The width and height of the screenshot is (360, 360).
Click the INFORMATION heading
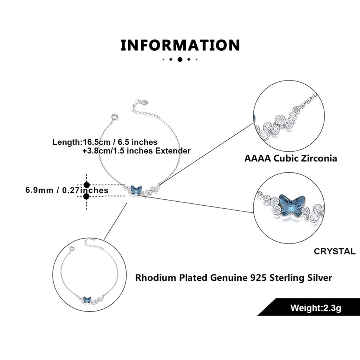(180, 45)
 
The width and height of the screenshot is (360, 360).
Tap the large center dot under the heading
(180, 59)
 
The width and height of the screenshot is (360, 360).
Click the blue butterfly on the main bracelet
(136, 189)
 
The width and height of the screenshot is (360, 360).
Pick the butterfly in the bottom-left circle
(86, 299)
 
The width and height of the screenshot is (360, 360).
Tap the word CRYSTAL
(334, 251)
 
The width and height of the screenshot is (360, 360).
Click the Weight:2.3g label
(316, 308)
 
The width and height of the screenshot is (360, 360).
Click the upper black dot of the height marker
(86, 185)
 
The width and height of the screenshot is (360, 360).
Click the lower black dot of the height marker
(86, 196)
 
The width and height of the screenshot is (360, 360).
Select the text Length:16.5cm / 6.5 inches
(105, 142)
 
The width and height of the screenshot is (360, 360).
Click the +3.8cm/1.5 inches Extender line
(136, 151)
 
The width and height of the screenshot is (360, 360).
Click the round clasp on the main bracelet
(115, 117)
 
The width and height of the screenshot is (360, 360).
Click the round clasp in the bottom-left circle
(73, 248)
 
